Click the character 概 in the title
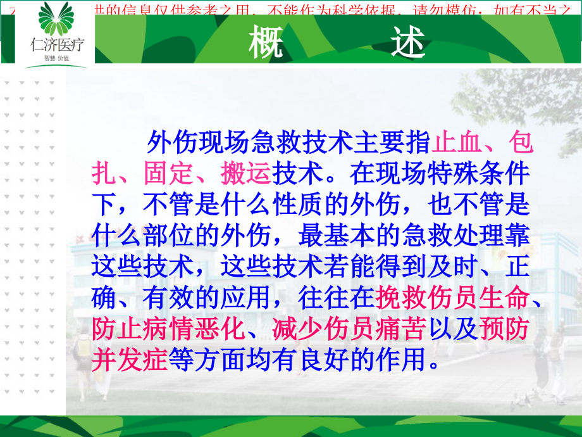[266, 43]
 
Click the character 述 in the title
[406, 43]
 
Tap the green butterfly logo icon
[55, 19]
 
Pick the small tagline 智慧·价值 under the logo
[56, 58]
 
